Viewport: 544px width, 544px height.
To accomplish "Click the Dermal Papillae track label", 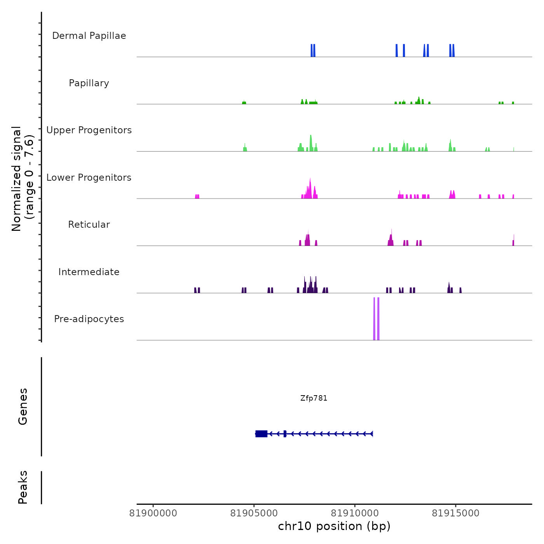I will pos(89,36).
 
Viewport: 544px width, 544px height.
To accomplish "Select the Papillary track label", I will pos(89,83).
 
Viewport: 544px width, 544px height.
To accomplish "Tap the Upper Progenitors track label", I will pos(89,130).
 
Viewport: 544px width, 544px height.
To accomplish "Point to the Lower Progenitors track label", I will pos(89,178).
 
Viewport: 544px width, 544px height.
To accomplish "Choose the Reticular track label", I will pos(89,225).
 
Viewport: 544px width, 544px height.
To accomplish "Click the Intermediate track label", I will pos(89,272).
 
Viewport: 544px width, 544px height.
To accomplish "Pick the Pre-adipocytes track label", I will pos(89,319).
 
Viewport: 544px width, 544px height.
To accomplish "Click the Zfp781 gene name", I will pos(314,398).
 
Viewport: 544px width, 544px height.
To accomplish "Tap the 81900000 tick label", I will pos(153,513).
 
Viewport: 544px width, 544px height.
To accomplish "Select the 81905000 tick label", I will pos(254,513).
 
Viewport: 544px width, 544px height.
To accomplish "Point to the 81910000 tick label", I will pos(355,513).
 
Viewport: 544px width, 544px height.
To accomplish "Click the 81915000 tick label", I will pos(456,513).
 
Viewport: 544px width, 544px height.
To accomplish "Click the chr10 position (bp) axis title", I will pos(334,526).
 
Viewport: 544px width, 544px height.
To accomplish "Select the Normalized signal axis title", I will pos(23,178).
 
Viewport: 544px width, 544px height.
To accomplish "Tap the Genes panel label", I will pos(23,406).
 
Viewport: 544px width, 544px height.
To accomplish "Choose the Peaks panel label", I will pos(23,487).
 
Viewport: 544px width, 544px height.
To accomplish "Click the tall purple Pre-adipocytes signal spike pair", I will pos(376,319).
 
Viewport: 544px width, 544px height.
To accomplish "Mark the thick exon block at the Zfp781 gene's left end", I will pos(262,434).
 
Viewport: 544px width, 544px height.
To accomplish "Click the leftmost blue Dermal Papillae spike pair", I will pos(313,51).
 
